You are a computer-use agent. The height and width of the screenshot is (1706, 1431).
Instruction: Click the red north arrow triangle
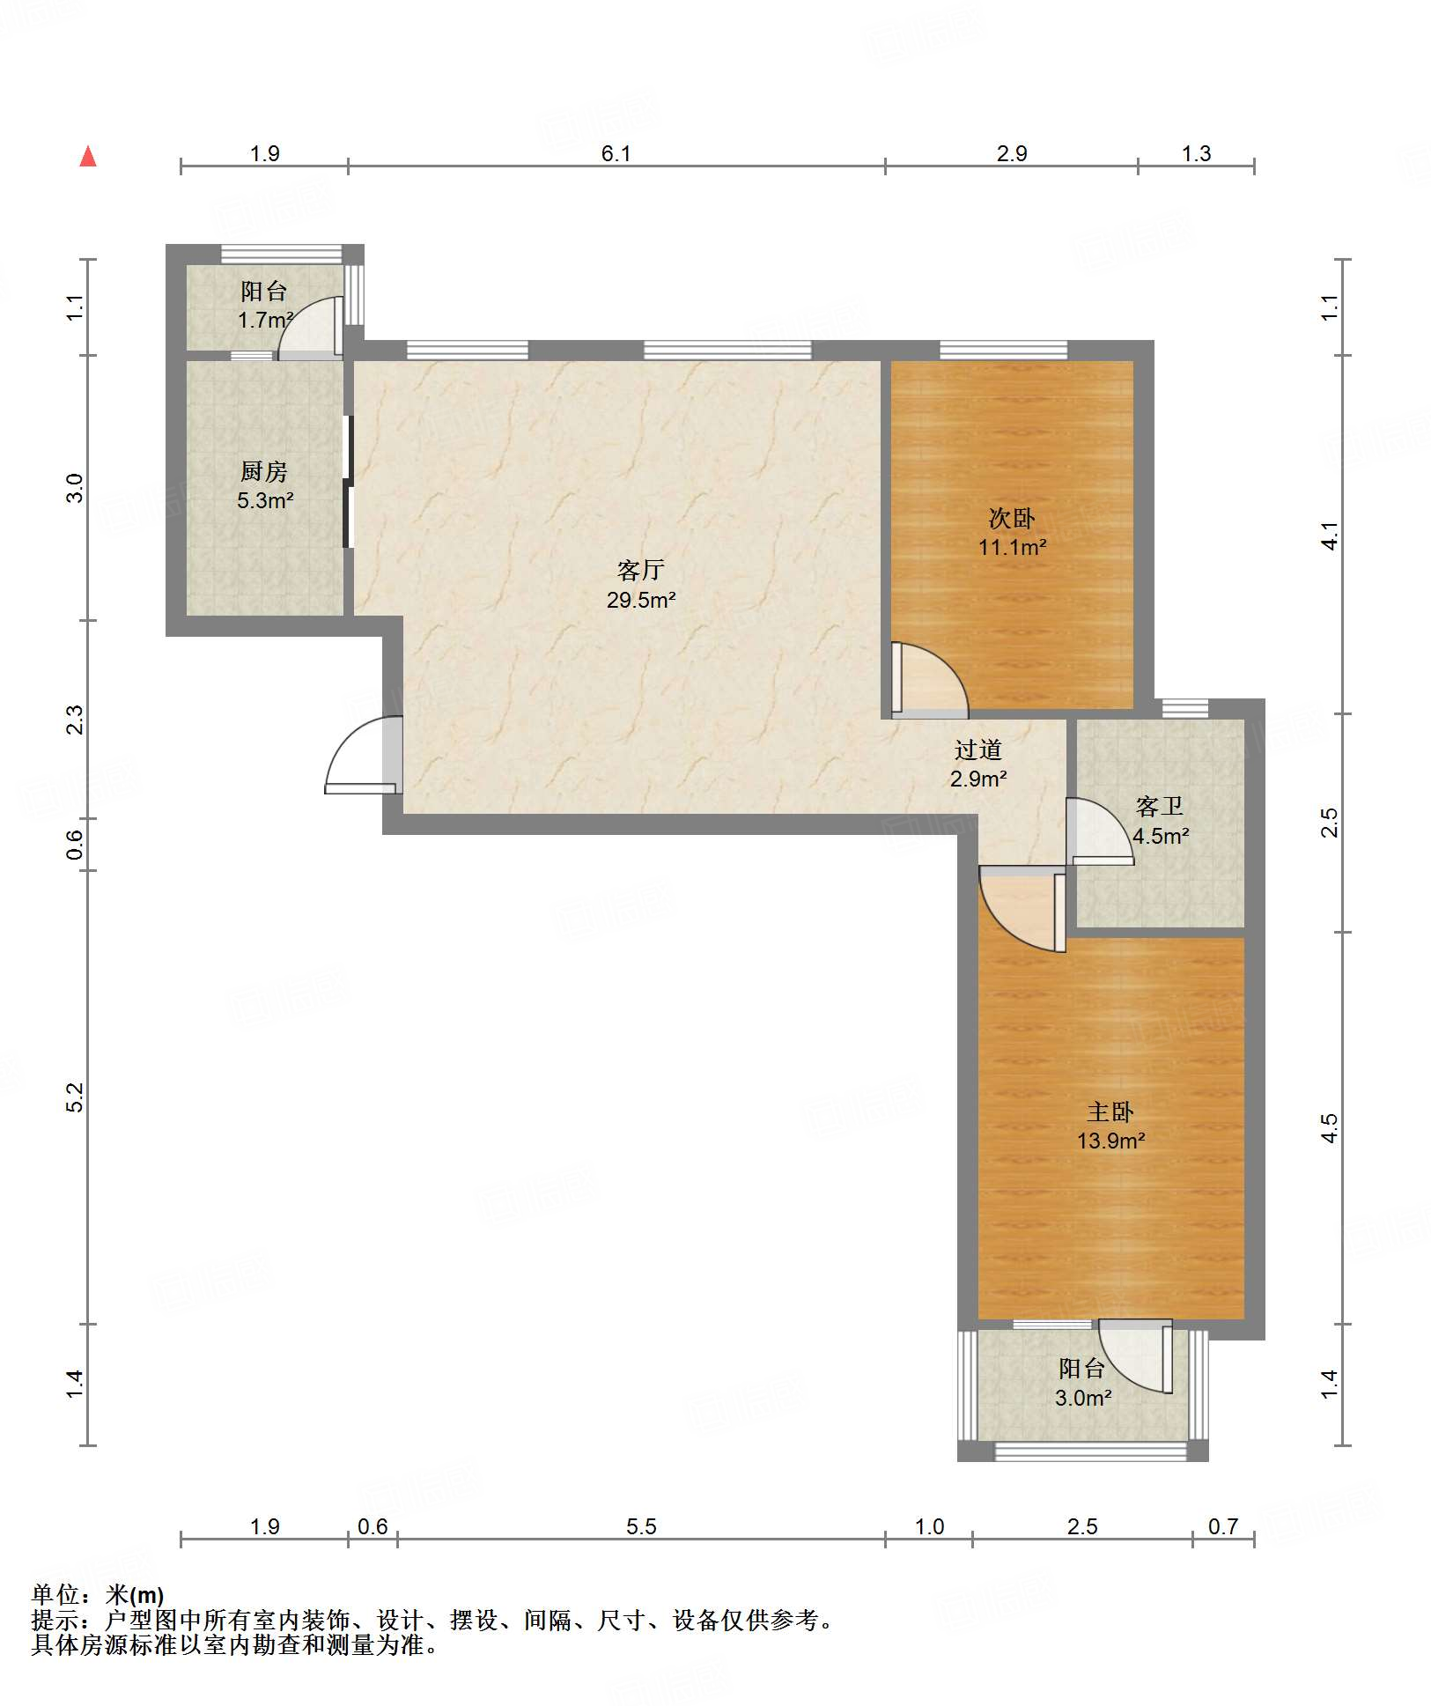88,156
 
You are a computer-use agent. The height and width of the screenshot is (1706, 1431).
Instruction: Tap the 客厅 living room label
640,571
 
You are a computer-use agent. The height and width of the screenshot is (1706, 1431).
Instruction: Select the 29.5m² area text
641,600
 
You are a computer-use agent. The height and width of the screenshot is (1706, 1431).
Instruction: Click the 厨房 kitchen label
264,472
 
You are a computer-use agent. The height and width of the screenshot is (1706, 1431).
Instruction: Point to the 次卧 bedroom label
1012,518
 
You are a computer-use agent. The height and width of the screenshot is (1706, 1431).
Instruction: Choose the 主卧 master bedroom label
1110,1111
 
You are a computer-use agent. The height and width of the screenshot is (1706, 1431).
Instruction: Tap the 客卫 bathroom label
1160,806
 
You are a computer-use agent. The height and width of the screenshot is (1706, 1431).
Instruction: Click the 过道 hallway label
978,750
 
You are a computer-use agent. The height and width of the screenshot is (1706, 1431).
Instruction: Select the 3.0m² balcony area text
1083,1398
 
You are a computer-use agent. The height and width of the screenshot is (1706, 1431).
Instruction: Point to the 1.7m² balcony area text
265,320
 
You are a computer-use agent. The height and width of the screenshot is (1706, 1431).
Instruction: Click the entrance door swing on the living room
364,755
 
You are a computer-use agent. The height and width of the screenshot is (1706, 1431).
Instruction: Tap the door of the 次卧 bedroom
930,679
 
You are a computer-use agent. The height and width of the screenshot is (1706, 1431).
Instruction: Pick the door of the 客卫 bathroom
1099,831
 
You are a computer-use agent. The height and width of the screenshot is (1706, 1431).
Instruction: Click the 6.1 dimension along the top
616,153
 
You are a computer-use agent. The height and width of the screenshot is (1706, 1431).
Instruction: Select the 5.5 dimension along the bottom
641,1526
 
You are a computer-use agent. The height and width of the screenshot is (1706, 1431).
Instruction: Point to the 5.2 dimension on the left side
75,1097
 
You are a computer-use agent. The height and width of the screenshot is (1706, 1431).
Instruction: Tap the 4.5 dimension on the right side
1330,1127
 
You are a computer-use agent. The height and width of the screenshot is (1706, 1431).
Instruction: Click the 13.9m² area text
1110,1141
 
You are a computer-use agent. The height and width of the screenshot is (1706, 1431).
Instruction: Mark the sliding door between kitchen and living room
349,481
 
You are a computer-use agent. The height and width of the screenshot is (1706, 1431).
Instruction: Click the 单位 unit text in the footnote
55,1594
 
